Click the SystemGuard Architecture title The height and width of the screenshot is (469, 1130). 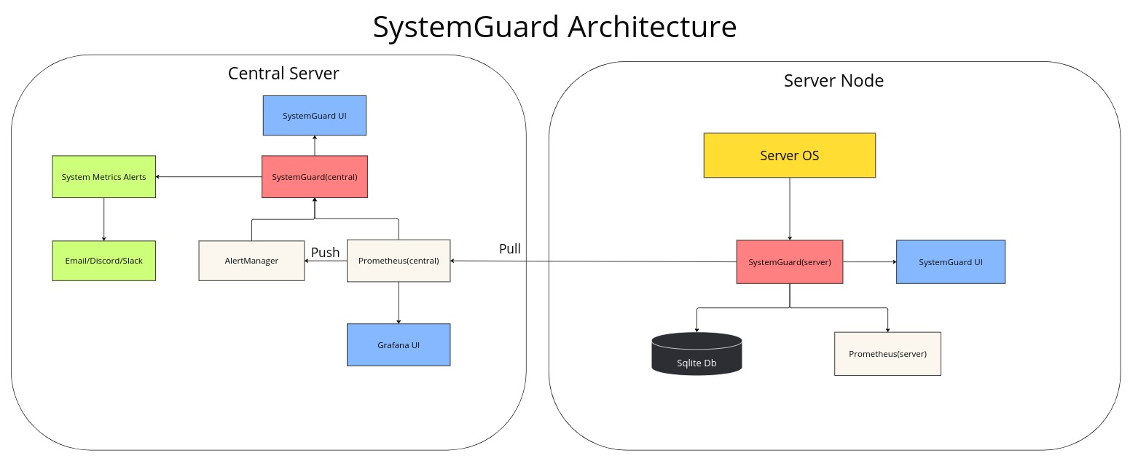[x=554, y=27]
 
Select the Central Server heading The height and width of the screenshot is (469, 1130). [x=283, y=73]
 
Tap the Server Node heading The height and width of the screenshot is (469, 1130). [x=833, y=81]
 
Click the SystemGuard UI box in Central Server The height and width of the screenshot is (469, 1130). [x=314, y=115]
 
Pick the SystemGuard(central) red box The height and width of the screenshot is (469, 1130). [x=314, y=176]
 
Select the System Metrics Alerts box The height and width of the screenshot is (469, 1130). [x=103, y=176]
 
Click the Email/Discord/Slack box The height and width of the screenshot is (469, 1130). [x=103, y=260]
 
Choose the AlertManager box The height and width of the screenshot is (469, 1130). [x=251, y=260]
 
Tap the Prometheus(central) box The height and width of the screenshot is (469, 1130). [x=399, y=260]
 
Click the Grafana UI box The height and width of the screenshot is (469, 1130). [x=399, y=344]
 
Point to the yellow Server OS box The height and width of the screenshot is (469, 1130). [x=789, y=155]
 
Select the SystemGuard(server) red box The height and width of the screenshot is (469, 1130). [x=789, y=261]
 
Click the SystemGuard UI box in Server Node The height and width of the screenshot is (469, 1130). [x=950, y=261]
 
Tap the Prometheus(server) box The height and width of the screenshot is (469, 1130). [x=887, y=354]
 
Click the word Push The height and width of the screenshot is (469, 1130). [x=326, y=252]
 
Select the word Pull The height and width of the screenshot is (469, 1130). [x=510, y=248]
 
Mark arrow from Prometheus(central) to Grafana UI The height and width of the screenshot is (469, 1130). [x=399, y=303]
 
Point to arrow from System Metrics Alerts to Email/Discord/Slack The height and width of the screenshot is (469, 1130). [x=103, y=219]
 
